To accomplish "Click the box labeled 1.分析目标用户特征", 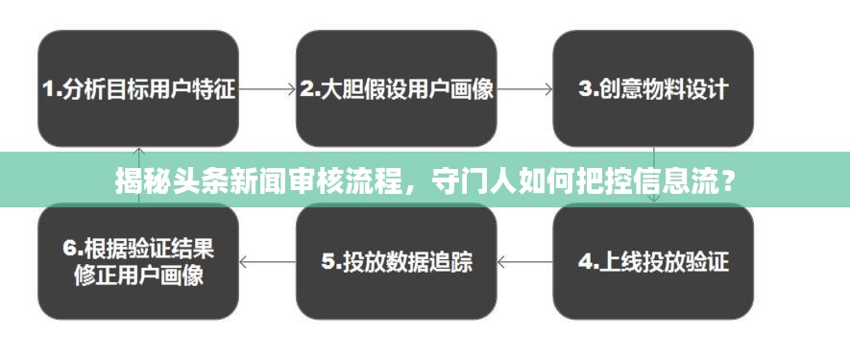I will click(x=137, y=88).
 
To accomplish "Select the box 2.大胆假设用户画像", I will click(x=397, y=88).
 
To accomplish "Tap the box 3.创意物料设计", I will click(x=654, y=88).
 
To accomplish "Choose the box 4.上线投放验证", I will click(x=654, y=261).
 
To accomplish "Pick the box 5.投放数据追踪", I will click(x=397, y=261).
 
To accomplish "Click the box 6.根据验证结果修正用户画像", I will click(x=137, y=261).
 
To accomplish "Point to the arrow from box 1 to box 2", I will click(x=267, y=89).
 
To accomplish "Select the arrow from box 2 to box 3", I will click(x=525, y=89).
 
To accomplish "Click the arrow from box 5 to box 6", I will click(x=267, y=261).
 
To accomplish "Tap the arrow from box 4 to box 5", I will click(x=525, y=261).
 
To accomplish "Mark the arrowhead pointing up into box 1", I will click(x=138, y=151).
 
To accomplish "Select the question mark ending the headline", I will click(x=732, y=180).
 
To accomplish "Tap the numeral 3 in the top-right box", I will click(x=585, y=89).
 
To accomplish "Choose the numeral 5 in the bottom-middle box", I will click(x=327, y=261).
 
